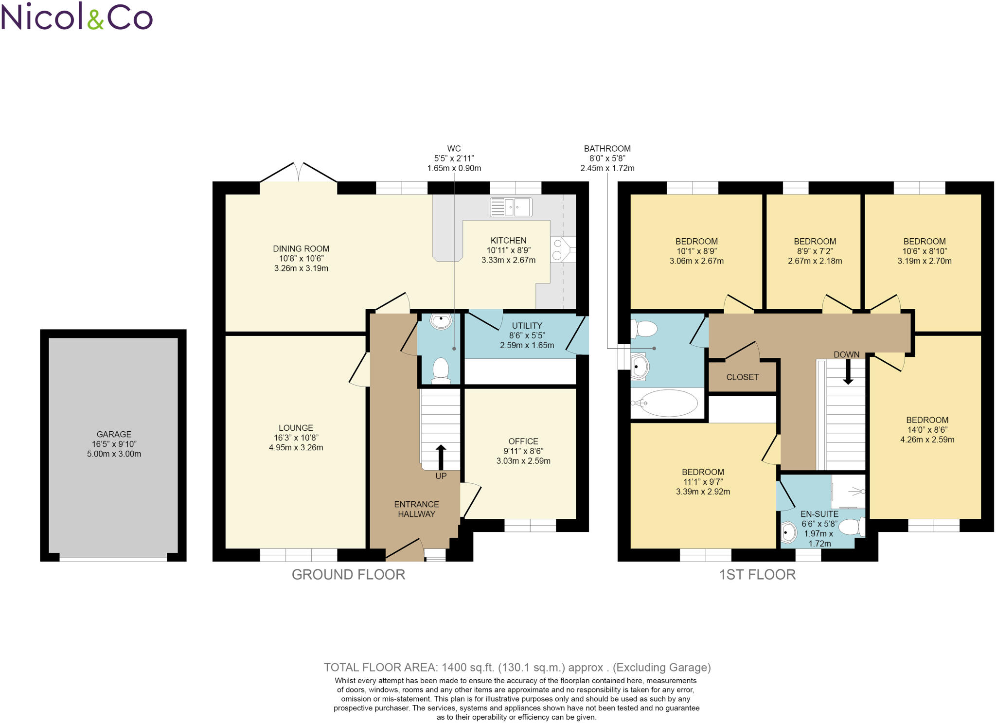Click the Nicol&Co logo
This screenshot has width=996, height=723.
77,17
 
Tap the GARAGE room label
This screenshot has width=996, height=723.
114,434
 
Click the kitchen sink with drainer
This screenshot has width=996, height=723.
511,207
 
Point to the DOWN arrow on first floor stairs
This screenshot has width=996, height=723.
848,374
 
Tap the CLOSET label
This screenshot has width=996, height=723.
742,377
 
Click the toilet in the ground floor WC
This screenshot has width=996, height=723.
441,370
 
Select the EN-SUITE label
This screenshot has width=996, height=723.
819,514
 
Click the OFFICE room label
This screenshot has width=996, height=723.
523,441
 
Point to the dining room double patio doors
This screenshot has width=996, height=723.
299,173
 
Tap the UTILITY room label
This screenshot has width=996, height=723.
527,326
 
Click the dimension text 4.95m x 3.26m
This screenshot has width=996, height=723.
296,447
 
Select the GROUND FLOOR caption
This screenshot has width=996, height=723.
348,575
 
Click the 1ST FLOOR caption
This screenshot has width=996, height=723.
757,575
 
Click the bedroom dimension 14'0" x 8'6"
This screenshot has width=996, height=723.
927,430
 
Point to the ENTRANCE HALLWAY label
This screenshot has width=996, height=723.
416,509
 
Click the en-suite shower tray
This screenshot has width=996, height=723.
849,491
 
